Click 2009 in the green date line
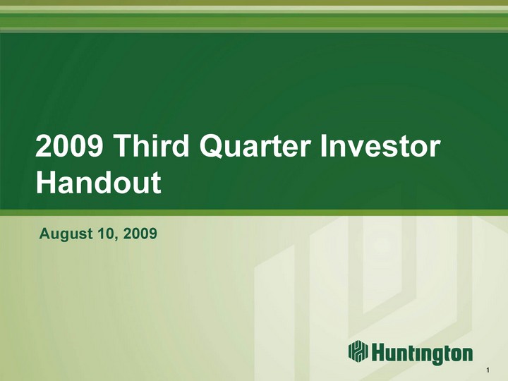(140, 234)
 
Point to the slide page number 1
(488, 370)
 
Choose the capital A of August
(44, 234)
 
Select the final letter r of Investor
(435, 148)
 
